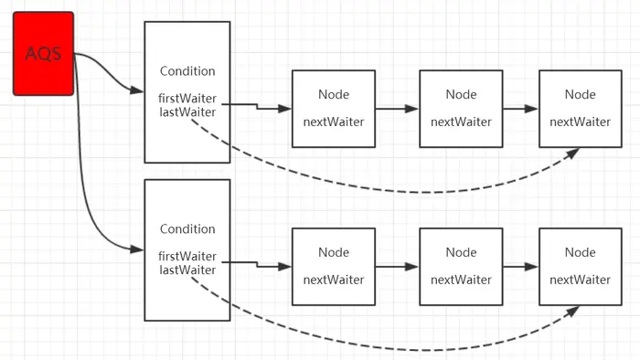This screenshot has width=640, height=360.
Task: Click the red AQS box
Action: click(x=43, y=53)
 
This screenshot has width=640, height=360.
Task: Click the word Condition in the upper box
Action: click(x=187, y=71)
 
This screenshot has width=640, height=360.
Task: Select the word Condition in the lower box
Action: click(x=187, y=228)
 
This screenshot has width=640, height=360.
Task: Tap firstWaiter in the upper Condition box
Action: click(x=187, y=99)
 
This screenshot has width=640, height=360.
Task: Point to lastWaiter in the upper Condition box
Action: click(x=187, y=111)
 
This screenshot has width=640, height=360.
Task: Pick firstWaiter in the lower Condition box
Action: click(x=187, y=257)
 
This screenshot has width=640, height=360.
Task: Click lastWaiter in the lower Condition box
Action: click(x=187, y=270)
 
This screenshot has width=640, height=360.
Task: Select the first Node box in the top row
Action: click(x=333, y=108)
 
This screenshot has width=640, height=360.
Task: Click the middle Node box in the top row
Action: click(x=461, y=108)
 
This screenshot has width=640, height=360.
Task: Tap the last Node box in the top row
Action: click(x=580, y=108)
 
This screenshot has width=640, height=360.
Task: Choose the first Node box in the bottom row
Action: click(x=333, y=266)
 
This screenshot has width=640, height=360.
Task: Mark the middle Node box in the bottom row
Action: click(x=461, y=266)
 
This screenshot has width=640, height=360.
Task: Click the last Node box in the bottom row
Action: click(x=580, y=266)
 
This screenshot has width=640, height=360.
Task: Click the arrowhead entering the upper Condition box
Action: click(x=138, y=91)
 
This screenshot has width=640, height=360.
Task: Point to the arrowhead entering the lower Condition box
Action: click(x=138, y=249)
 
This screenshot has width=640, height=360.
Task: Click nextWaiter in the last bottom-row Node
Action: click(x=580, y=280)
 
